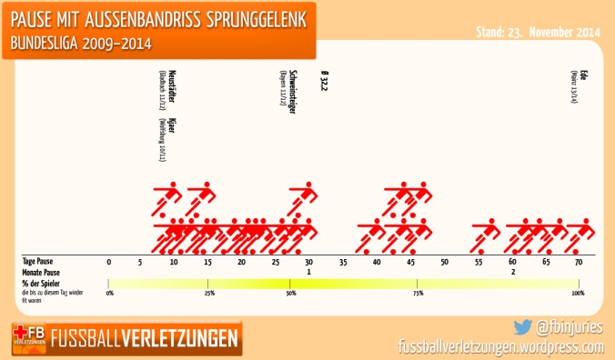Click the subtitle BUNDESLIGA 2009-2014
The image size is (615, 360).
pos(81,42)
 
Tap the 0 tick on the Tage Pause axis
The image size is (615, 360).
pos(109,262)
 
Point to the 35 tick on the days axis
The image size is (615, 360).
pos(343,262)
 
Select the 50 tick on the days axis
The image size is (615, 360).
pos(445,262)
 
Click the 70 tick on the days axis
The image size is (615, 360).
pos(579,262)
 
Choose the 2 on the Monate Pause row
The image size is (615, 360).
pos(513,272)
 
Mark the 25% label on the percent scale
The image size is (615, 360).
pos(209,294)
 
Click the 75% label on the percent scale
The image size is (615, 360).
pos(418,294)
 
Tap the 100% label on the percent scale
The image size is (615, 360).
pos(576,294)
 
